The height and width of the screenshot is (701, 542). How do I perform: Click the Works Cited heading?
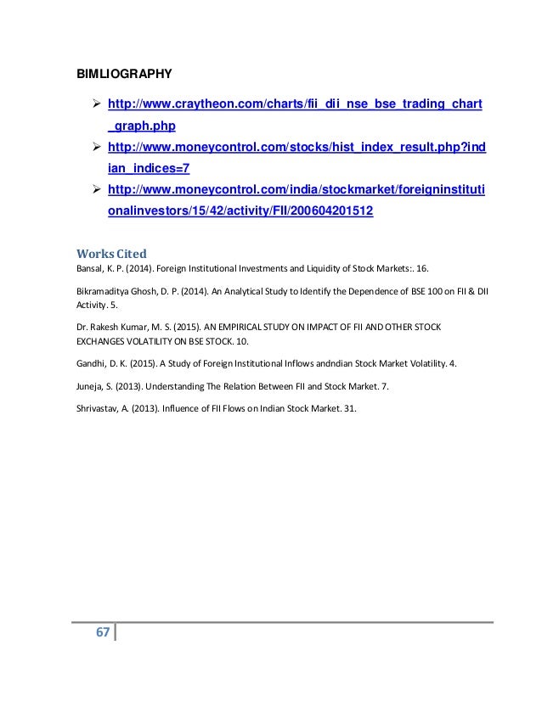(x=111, y=253)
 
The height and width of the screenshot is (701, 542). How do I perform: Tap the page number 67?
(x=102, y=633)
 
